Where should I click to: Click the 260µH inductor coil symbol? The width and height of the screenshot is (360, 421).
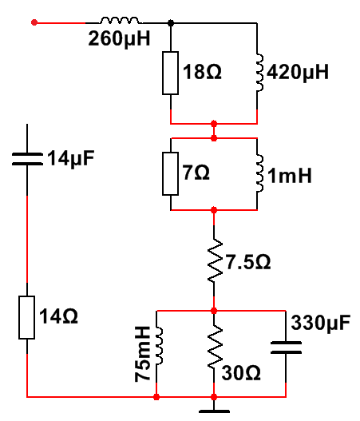(120, 21)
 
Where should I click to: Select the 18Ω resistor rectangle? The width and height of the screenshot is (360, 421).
(170, 73)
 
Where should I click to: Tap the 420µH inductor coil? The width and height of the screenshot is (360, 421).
(259, 73)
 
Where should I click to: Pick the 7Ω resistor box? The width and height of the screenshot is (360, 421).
(170, 173)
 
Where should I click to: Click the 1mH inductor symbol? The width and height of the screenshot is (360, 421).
(259, 173)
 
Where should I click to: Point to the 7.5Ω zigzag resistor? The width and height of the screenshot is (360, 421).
(215, 260)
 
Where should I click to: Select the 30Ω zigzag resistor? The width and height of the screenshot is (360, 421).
(215, 348)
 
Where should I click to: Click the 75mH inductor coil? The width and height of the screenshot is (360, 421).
(159, 347)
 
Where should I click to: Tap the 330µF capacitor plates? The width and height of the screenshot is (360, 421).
(286, 348)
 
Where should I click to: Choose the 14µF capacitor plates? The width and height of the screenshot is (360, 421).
(27, 159)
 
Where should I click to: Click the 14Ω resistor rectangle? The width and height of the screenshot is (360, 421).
(27, 318)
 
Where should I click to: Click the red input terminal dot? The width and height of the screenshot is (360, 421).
(34, 22)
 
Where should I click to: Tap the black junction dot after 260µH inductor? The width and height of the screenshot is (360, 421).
(171, 23)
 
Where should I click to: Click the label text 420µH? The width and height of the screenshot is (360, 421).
(298, 73)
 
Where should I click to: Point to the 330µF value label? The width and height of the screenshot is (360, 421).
(321, 323)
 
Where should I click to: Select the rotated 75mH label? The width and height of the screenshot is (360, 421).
(142, 354)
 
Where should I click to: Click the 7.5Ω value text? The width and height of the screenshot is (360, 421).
(248, 262)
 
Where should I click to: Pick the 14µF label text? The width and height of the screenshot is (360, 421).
(71, 159)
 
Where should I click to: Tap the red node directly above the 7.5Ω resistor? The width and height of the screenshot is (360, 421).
(214, 210)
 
